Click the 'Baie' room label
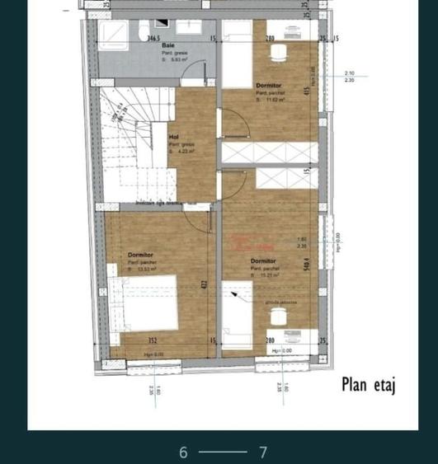tap(168, 45)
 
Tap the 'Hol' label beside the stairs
tap(173, 137)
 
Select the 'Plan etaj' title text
tap(369, 385)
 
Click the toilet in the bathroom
tap(146, 27)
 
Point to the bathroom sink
tap(189, 27)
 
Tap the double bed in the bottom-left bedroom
tap(147, 302)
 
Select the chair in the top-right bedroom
tap(279, 52)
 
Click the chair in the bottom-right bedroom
tap(278, 338)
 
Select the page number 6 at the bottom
tap(184, 452)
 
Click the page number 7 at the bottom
tap(263, 452)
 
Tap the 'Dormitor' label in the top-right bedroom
tap(269, 85)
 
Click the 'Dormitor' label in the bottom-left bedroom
tap(141, 255)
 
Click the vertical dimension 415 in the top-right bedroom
tap(307, 91)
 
